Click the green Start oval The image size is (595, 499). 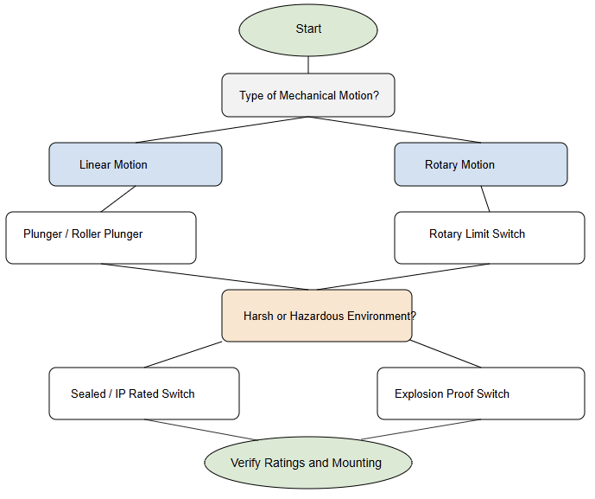point(308,29)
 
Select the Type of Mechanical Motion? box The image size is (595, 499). point(308,95)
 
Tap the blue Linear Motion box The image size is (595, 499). point(136,164)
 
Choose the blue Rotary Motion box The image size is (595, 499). point(481,164)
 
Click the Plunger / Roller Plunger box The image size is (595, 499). point(101,238)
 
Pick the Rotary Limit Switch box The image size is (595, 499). point(490,238)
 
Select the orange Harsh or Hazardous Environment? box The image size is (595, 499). point(317,316)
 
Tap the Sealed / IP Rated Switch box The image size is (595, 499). point(144,393)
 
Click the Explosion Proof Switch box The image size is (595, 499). point(481,393)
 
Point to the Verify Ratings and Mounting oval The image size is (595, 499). point(308,463)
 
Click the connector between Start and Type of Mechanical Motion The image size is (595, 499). point(308,65)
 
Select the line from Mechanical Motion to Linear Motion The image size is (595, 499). point(222,130)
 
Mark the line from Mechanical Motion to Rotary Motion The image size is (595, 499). point(395,130)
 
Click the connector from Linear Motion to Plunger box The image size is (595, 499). point(118,199)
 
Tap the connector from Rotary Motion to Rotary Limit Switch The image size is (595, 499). point(485,199)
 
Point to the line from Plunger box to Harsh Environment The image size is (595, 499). point(207,277)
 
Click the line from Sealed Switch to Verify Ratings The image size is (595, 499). point(200,430)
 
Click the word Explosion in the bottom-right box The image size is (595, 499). point(420,394)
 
